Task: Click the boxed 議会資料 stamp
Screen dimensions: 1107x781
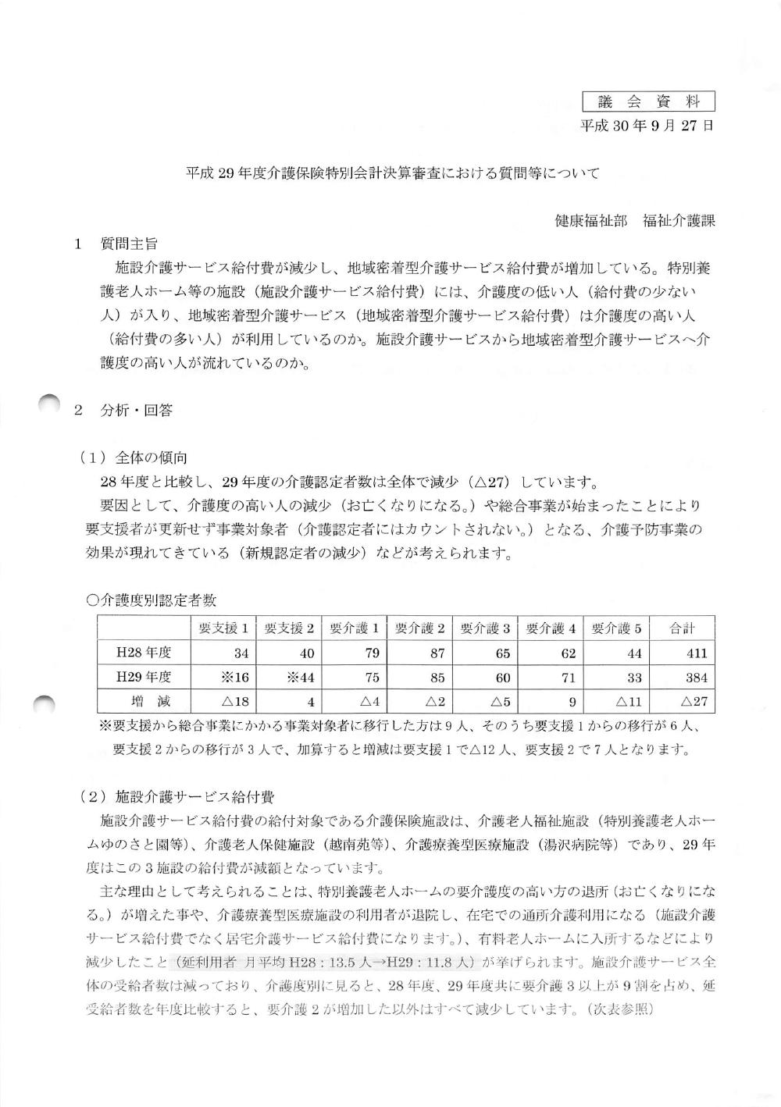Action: tap(648, 101)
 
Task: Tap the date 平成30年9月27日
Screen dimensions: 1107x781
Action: tap(647, 125)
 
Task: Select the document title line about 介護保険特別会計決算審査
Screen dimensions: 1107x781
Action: tap(393, 173)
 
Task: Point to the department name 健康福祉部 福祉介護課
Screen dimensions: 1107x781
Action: tap(634, 221)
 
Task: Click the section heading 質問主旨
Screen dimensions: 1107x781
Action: tap(129, 244)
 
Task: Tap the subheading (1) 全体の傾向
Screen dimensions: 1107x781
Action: tap(134, 457)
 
